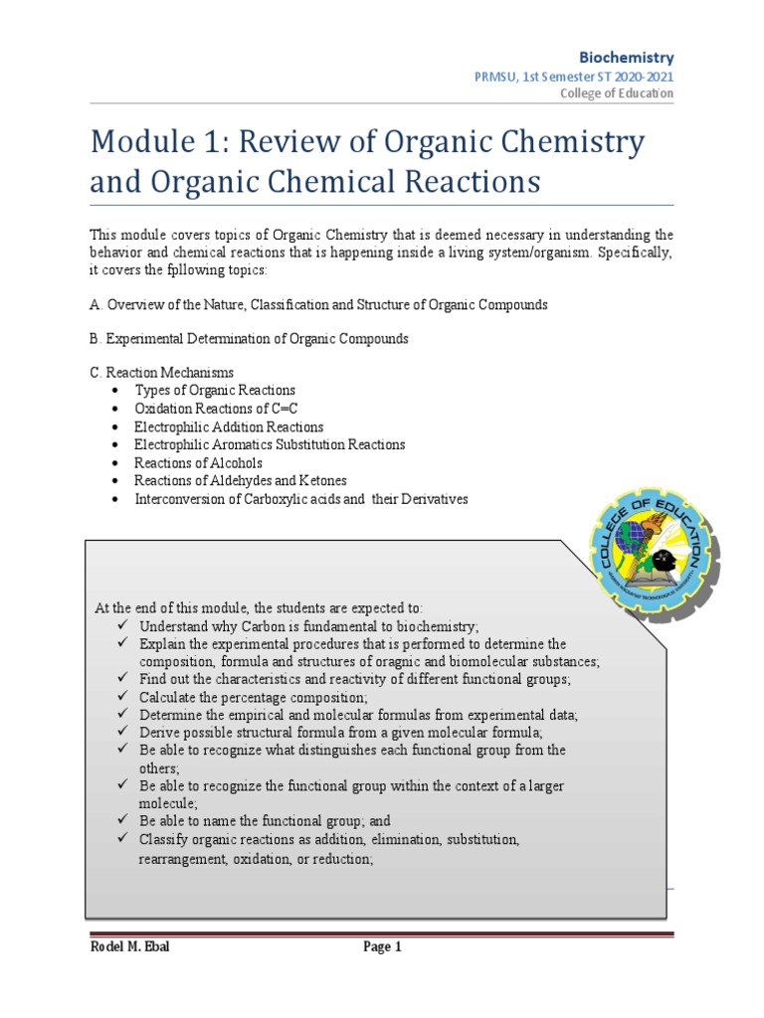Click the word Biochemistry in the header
pos(627,58)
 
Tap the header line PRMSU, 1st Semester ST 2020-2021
pos(584,77)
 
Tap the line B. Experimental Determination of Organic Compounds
pos(249,338)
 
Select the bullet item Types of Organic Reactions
pos(215,391)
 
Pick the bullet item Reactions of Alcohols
pos(198,462)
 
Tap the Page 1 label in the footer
pos(382,947)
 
